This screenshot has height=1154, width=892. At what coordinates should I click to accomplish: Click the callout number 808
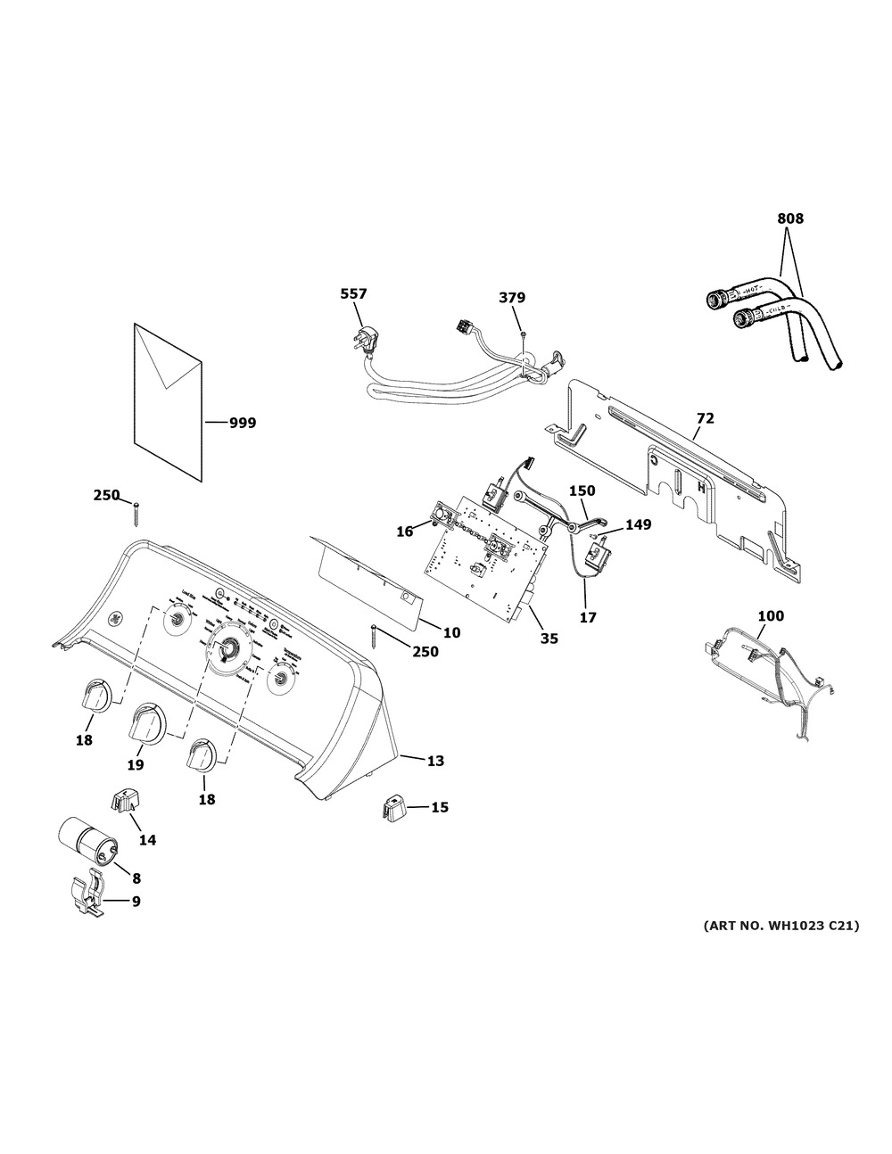tap(790, 218)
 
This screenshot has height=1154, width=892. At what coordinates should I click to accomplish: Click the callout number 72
tap(705, 417)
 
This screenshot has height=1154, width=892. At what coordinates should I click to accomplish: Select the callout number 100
tap(771, 615)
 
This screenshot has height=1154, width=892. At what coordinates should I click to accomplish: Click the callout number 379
tap(511, 298)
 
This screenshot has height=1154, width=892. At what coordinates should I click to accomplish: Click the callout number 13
tap(434, 761)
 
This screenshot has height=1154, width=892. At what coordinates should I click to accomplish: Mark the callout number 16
tap(404, 531)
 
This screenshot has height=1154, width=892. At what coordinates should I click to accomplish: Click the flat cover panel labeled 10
tap(366, 580)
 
